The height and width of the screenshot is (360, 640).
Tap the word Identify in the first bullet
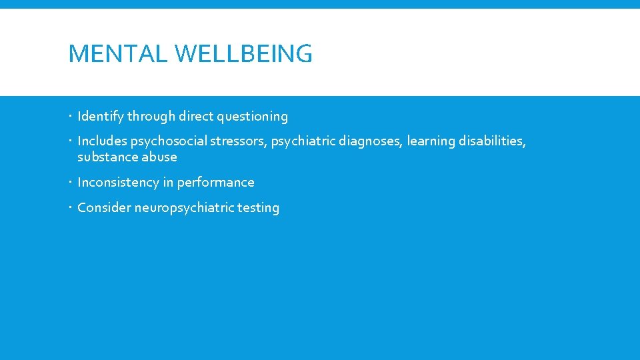(x=101, y=117)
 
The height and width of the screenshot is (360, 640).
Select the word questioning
(x=252, y=117)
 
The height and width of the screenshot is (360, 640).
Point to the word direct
(x=196, y=117)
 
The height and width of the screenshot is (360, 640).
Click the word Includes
(x=102, y=141)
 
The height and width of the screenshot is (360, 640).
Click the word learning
(x=431, y=141)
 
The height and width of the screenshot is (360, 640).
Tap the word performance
(x=215, y=183)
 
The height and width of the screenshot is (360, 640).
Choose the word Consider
(x=104, y=208)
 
